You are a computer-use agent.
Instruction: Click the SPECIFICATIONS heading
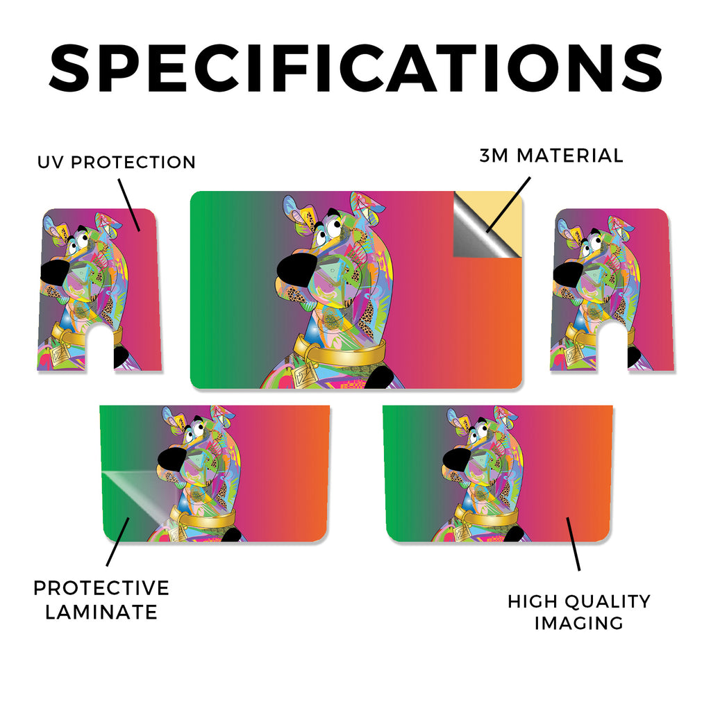tap(355, 68)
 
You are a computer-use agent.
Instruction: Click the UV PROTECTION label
tap(117, 162)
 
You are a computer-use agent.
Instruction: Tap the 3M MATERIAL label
tap(551, 156)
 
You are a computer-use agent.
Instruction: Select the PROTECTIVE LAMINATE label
tap(101, 600)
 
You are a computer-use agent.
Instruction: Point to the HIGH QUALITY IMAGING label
tap(579, 612)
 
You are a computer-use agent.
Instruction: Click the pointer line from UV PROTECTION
tap(129, 205)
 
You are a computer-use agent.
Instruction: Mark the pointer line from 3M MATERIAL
tap(508, 205)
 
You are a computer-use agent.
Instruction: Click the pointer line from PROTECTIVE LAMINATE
tap(118, 542)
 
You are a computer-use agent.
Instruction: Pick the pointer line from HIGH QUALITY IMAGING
tap(573, 544)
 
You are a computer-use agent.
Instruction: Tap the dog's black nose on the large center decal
tap(294, 269)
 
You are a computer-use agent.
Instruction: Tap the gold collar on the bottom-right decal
tap(486, 515)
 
